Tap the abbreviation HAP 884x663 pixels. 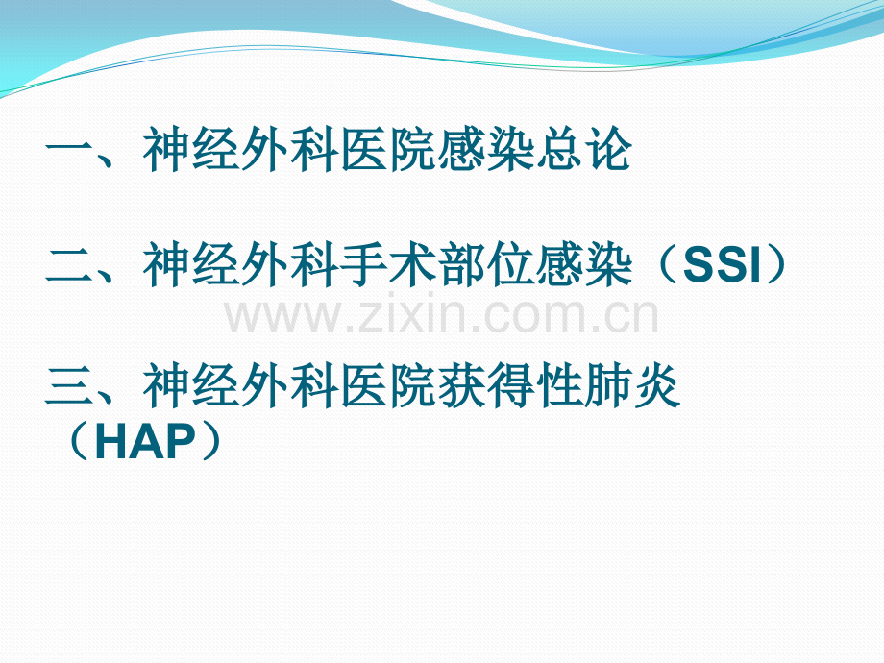click(146, 443)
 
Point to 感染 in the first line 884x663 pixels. click(487, 153)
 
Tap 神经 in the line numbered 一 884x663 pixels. click(193, 153)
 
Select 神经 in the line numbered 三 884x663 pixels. click(193, 388)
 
